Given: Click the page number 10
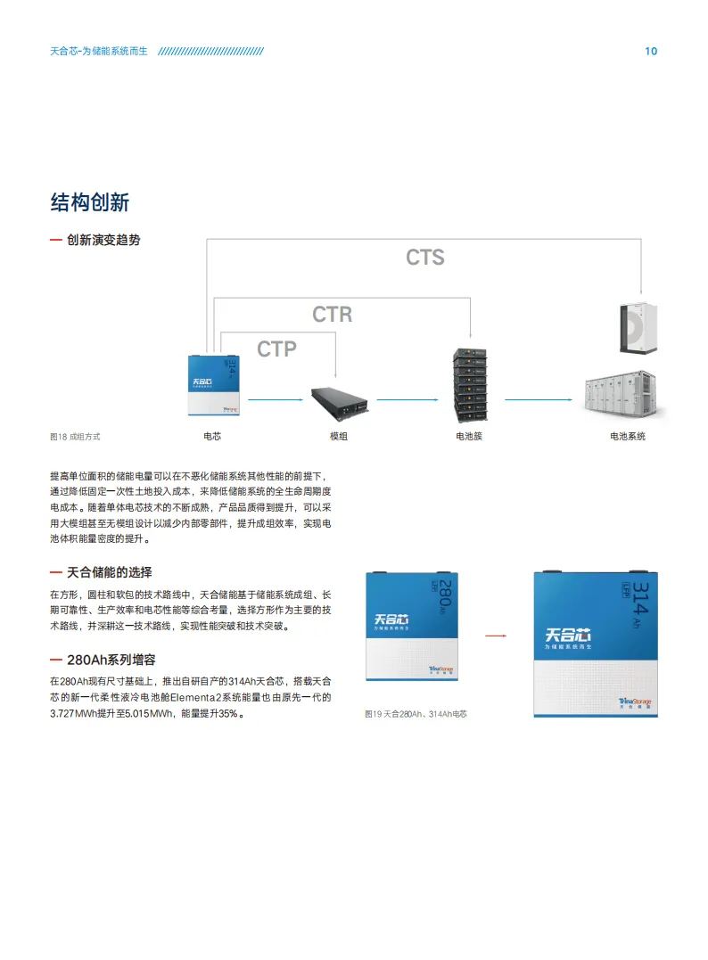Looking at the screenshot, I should [x=651, y=51].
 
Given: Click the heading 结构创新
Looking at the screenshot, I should [x=90, y=202].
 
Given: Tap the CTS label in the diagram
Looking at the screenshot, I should [x=424, y=258].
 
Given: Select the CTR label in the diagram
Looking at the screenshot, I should [x=332, y=315].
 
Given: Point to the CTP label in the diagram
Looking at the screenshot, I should [x=276, y=349].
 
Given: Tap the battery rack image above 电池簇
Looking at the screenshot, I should [x=469, y=384].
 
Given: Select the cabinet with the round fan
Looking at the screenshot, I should [x=638, y=326].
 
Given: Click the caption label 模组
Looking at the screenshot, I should [x=339, y=437].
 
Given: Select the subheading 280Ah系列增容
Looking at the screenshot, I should [x=111, y=660].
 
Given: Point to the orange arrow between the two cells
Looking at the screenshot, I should [x=495, y=636].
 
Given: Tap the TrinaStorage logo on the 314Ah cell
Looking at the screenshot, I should [x=634, y=703].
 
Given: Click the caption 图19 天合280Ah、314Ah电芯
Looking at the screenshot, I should [x=416, y=714].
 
